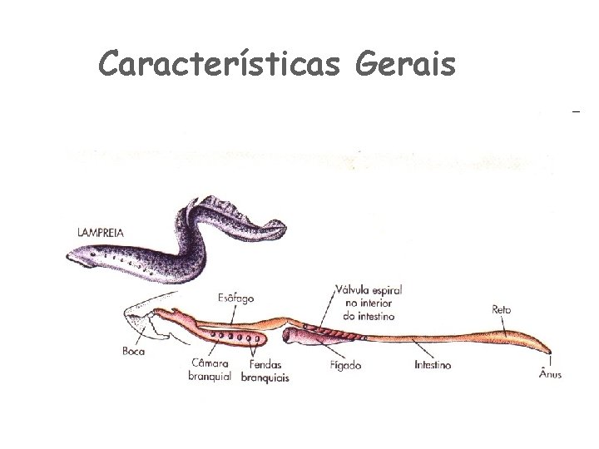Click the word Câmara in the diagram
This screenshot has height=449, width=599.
(x=209, y=363)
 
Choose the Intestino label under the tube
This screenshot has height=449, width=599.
(x=433, y=363)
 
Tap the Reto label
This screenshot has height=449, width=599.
(x=502, y=309)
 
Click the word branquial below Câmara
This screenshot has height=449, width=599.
(x=209, y=376)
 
